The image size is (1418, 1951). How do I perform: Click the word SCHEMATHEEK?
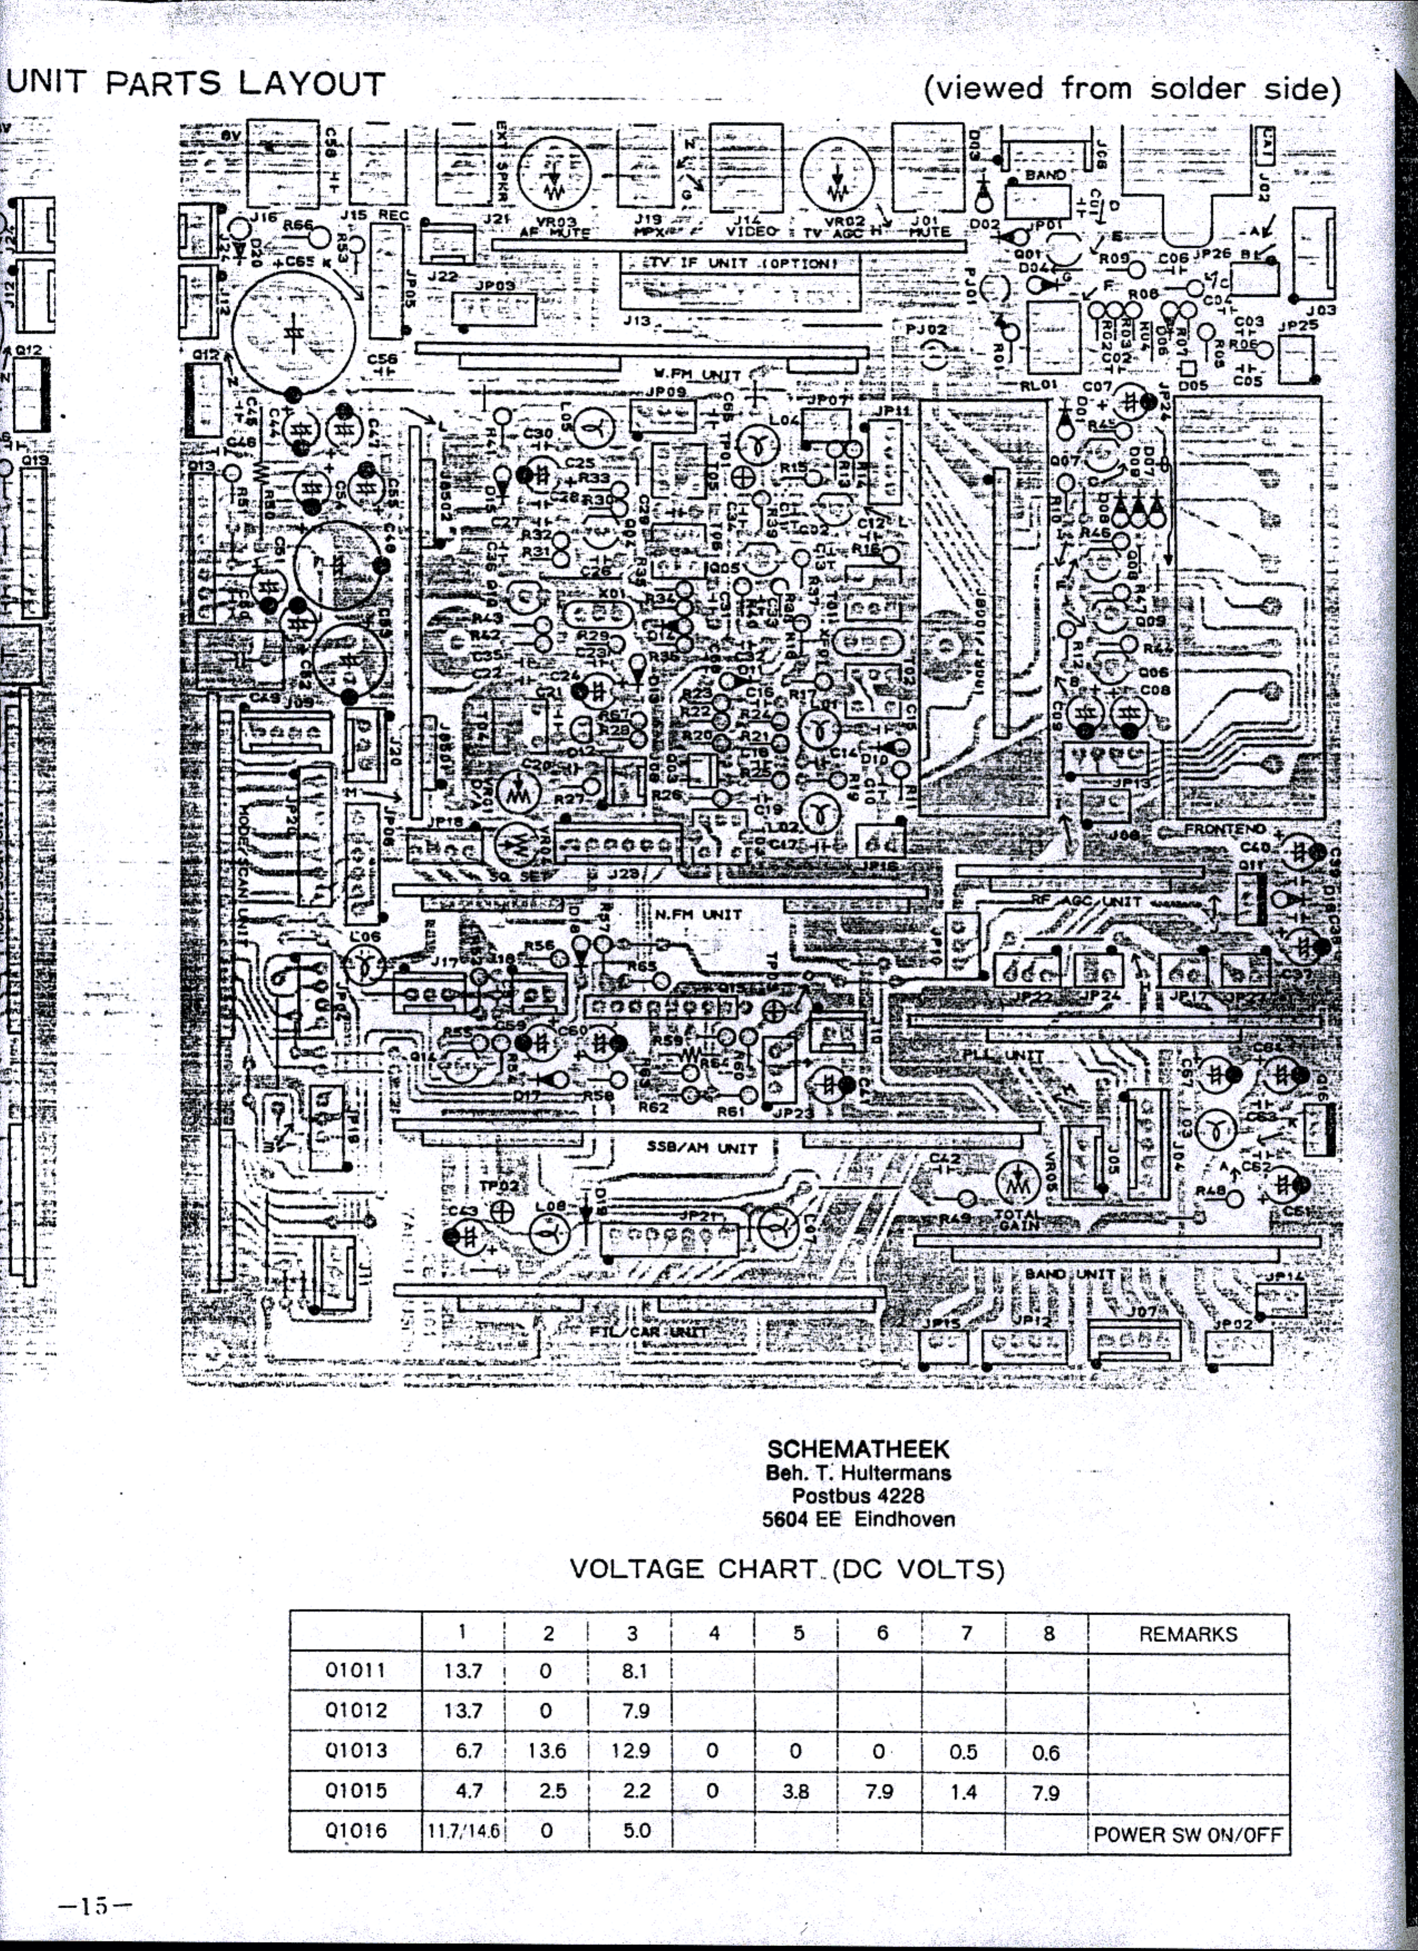[x=858, y=1449]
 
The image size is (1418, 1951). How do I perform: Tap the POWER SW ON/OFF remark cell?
[x=1187, y=1834]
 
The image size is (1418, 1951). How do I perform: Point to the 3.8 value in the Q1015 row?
[x=796, y=1791]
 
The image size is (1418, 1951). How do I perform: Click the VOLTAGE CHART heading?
[x=786, y=1570]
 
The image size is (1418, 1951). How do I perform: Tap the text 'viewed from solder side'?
[x=1132, y=89]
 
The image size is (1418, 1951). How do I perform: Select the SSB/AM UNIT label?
[x=701, y=1148]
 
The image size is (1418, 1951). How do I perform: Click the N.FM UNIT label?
[x=698, y=914]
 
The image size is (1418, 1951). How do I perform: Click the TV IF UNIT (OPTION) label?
[x=741, y=262]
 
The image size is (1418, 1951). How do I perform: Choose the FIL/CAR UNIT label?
[x=649, y=1332]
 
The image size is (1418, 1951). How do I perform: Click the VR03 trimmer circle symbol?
[x=554, y=173]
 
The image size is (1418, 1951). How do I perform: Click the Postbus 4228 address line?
[x=858, y=1496]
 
